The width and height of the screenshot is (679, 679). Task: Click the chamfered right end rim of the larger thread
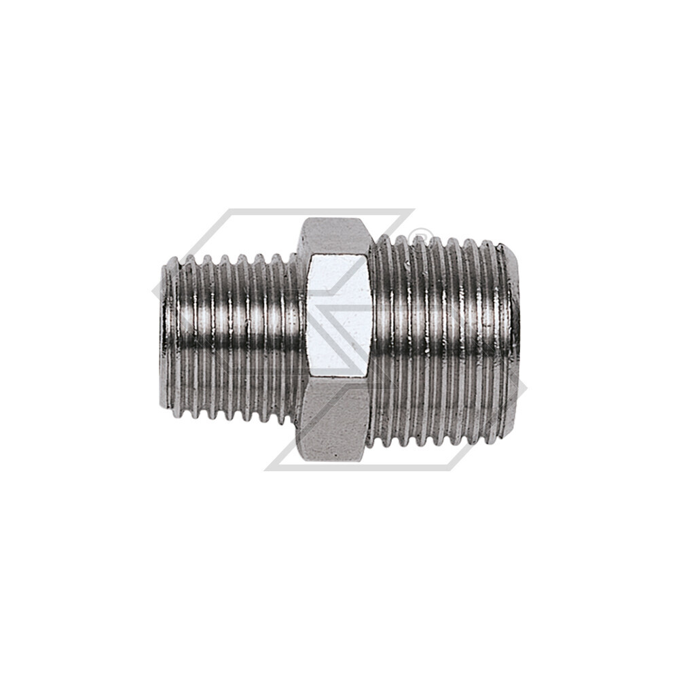[x=514, y=339]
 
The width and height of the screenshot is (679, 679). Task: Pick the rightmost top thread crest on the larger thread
[x=501, y=244]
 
